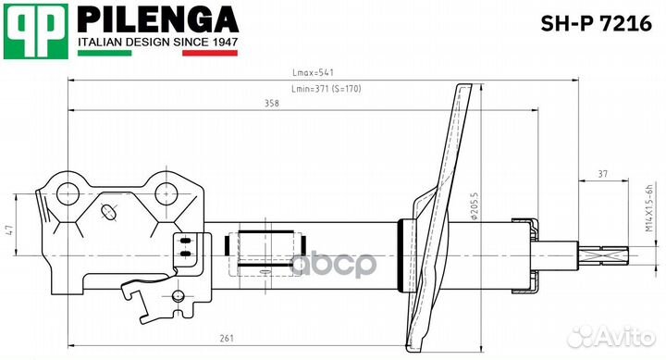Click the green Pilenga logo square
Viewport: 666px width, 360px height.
tap(36, 31)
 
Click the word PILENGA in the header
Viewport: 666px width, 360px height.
tap(158, 19)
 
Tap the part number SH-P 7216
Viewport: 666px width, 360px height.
tap(596, 23)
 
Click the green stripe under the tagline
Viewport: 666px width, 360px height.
tap(105, 53)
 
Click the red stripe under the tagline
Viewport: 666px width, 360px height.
tap(210, 53)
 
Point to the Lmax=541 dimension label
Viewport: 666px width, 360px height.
tap(313, 73)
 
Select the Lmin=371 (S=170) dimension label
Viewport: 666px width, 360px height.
tap(327, 89)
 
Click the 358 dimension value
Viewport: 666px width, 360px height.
tap(272, 104)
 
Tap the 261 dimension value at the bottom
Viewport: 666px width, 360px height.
tap(227, 339)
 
